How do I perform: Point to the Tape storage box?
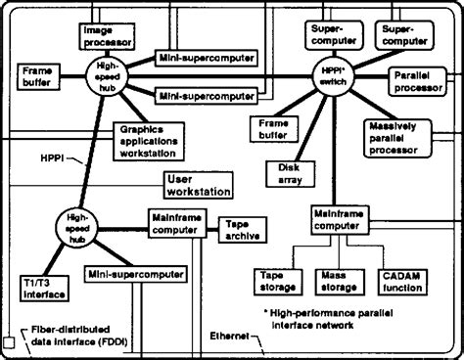[279, 282]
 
